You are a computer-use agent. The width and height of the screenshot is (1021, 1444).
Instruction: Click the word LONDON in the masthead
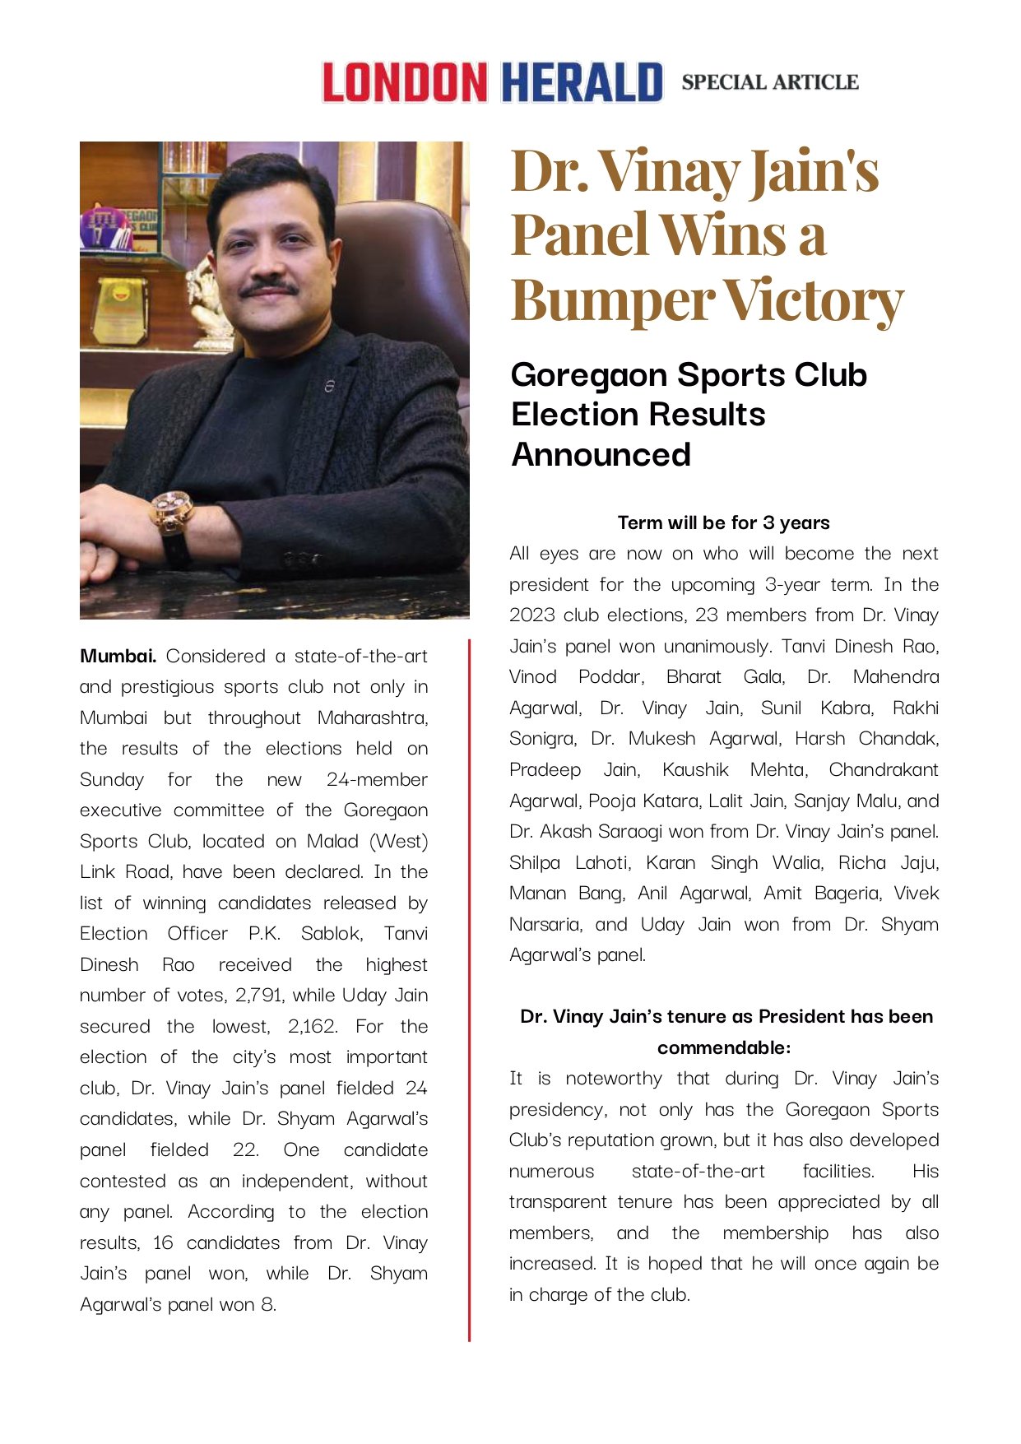404,82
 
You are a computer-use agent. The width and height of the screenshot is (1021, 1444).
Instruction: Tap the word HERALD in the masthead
582,82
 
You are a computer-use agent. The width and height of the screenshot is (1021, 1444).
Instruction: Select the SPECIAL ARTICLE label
769,82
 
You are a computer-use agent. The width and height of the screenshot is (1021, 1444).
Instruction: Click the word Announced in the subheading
601,455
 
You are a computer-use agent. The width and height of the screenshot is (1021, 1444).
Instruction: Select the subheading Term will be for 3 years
723,522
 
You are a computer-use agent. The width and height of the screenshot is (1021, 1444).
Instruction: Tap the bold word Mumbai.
118,656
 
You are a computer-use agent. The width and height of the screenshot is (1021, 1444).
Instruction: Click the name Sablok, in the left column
332,933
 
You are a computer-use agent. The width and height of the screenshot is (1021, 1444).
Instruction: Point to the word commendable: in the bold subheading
723,1047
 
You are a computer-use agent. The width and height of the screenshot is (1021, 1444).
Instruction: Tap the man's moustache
268,288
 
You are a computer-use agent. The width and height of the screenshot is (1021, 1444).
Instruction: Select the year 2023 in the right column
532,615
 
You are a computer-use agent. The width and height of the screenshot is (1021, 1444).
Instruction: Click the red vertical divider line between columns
469,987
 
